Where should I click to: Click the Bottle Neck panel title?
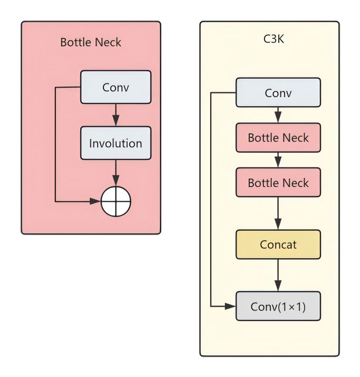[91, 42]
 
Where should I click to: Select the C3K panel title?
[273, 40]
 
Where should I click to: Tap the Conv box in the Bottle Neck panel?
[116, 87]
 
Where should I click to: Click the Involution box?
[116, 143]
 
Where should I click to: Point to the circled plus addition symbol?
[116, 201]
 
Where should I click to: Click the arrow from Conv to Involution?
[116, 115]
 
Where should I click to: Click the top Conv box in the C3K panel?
[278, 93]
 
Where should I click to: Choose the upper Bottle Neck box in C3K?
[278, 138]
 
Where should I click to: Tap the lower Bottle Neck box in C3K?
[278, 183]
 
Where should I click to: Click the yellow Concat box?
[278, 244]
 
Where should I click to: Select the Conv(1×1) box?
[278, 306]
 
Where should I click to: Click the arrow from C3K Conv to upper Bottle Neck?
[278, 115]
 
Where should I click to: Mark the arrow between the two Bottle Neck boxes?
[278, 161]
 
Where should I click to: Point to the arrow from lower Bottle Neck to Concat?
[278, 214]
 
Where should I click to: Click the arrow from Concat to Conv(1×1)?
[278, 275]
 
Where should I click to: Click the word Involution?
[116, 143]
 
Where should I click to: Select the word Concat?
[278, 244]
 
